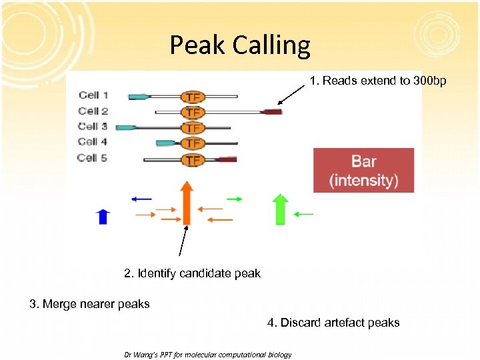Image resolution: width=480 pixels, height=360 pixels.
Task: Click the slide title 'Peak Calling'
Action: coord(240,45)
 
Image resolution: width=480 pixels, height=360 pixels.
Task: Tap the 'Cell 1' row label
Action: coord(93,95)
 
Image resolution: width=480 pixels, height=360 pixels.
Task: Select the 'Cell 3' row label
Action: coord(93,126)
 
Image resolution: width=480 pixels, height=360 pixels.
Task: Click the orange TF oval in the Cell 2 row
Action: coord(193,111)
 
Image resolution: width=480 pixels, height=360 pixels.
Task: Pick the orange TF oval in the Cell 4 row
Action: coord(193,143)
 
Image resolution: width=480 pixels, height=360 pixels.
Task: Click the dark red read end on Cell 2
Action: coord(272,112)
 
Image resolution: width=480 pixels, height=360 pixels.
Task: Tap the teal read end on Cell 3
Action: coord(125,127)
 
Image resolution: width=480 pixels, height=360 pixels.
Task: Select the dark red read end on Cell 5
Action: coord(227,159)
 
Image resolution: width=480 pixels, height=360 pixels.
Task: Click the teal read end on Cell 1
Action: coord(138,97)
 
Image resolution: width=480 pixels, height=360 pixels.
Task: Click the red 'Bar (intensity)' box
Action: coord(364,170)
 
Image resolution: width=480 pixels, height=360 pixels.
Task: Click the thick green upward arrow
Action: coord(281,209)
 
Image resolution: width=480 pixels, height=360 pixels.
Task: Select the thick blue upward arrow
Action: coord(103,216)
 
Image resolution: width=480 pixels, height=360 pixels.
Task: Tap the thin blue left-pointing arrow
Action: coord(141,199)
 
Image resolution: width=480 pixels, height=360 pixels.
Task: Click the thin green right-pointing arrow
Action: coord(234,199)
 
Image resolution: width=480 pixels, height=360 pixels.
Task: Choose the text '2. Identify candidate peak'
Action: coord(192,273)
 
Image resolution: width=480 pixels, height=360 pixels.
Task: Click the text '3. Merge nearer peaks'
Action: coord(89,304)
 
